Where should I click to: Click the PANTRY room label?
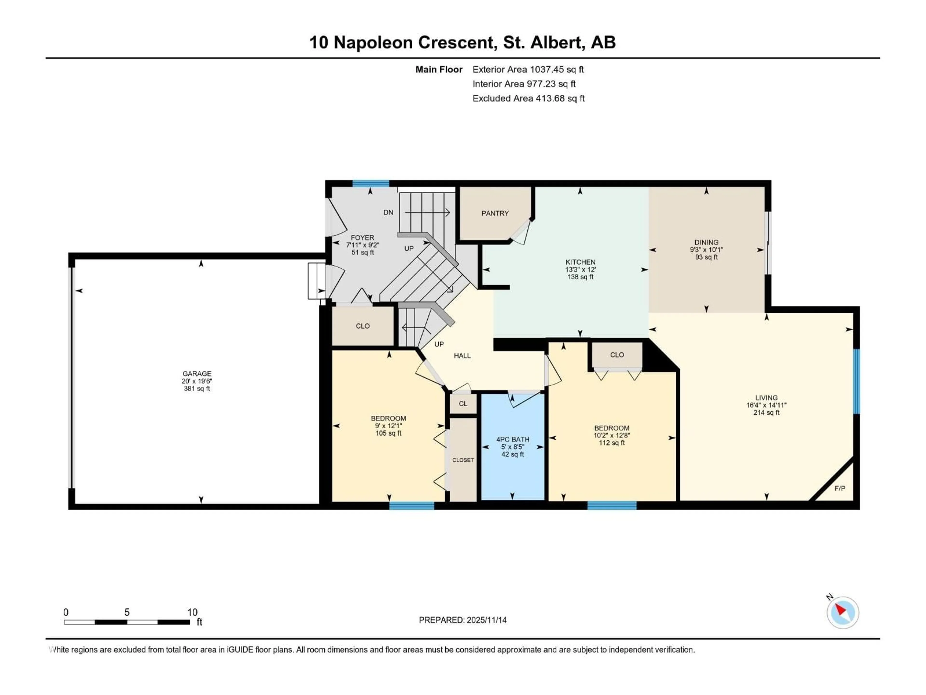click(495, 213)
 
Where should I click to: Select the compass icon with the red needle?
click(843, 612)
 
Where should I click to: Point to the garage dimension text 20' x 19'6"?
click(197, 381)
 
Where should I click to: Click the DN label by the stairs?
click(388, 212)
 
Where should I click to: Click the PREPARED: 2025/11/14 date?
click(463, 620)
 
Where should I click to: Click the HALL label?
click(462, 356)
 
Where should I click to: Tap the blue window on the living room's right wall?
click(857, 381)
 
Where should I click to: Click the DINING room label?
click(706, 242)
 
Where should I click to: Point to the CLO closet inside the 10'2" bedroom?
click(617, 355)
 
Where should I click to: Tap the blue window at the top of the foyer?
click(370, 183)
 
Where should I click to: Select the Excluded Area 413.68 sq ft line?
click(528, 98)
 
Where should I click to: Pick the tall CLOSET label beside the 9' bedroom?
click(463, 460)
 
